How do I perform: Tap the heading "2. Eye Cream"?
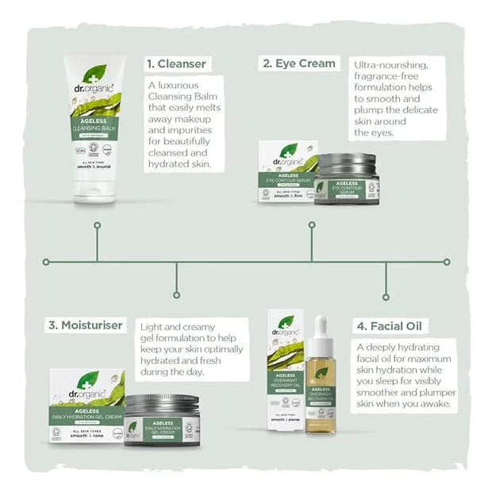pyautogui.click(x=299, y=63)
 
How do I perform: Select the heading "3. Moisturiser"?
pyautogui.click(x=85, y=325)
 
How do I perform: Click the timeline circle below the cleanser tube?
pyautogui.click(x=97, y=225)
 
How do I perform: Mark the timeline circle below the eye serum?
pyautogui.click(x=310, y=225)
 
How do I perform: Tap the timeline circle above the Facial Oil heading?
pyautogui.click(x=386, y=297)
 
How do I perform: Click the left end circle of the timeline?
pyautogui.click(x=47, y=261)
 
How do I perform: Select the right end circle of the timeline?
pyautogui.click(x=447, y=261)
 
